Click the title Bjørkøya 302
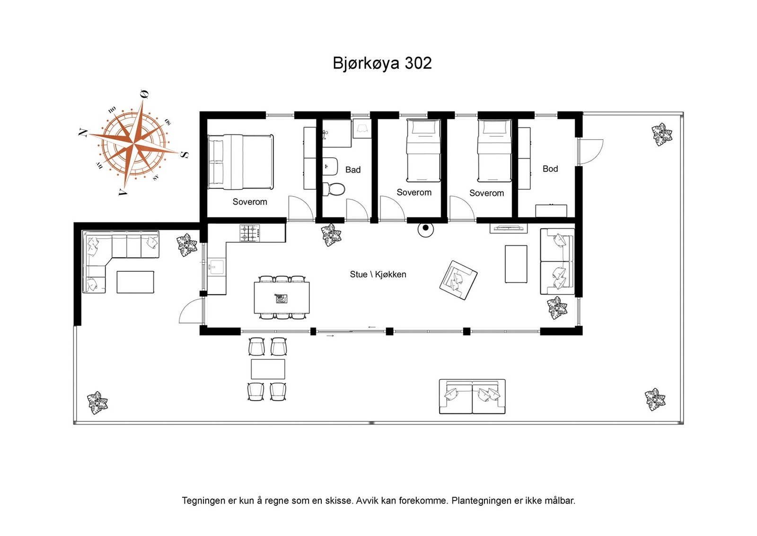pyautogui.click(x=382, y=63)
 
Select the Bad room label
pyautogui.click(x=352, y=170)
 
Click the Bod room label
pyautogui.click(x=550, y=169)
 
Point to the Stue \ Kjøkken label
pyautogui.click(x=378, y=274)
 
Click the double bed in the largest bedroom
pyautogui.click(x=241, y=161)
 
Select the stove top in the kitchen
pyautogui.click(x=250, y=233)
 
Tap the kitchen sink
pyautogui.click(x=216, y=268)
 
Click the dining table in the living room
pyautogui.click(x=282, y=298)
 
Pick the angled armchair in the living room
pyautogui.click(x=458, y=280)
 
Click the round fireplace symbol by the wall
pyautogui.click(x=425, y=229)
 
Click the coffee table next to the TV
pyautogui.click(x=516, y=264)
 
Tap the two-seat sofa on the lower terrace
pyautogui.click(x=472, y=396)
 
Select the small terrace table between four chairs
pyautogui.click(x=268, y=369)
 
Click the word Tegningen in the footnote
pyautogui.click(x=203, y=500)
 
